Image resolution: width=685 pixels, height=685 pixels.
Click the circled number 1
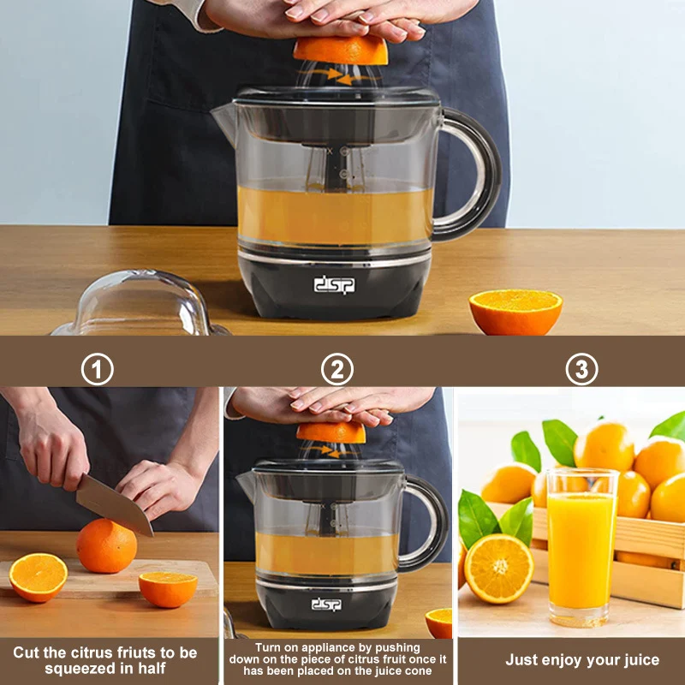pos(98,370)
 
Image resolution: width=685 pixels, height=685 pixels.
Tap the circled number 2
pos(337,370)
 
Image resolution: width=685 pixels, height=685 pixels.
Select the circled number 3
pos(582,370)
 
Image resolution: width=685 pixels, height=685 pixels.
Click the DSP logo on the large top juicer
pos(334,285)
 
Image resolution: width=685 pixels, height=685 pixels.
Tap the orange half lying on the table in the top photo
pos(515,312)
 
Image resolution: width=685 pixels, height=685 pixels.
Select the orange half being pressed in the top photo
pos(341,51)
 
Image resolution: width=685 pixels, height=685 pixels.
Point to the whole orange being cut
pos(107,546)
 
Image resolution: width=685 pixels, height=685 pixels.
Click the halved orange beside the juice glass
pos(498,568)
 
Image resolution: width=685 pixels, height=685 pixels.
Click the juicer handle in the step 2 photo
pos(432,522)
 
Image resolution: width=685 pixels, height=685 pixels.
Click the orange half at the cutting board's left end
pos(38,577)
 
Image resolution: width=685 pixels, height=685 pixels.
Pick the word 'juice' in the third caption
pos(639,659)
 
